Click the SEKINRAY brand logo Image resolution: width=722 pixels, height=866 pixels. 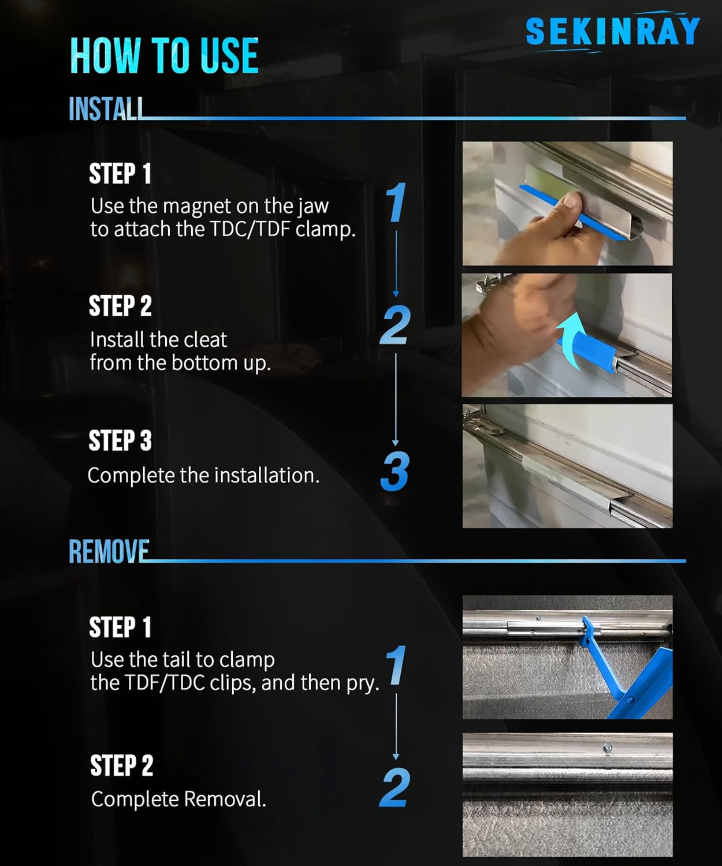[612, 31]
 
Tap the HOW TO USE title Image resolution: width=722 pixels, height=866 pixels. [165, 55]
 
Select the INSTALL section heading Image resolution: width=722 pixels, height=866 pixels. [106, 109]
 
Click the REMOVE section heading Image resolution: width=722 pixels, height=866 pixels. [109, 551]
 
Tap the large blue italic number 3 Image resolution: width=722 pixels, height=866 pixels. [395, 472]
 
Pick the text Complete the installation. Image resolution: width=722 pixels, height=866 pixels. [203, 475]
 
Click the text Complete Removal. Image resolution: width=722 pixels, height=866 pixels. [178, 799]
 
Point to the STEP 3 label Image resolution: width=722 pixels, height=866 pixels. [120, 441]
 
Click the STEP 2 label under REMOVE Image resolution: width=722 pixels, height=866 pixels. [121, 766]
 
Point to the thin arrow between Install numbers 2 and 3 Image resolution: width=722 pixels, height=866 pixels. [396, 400]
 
